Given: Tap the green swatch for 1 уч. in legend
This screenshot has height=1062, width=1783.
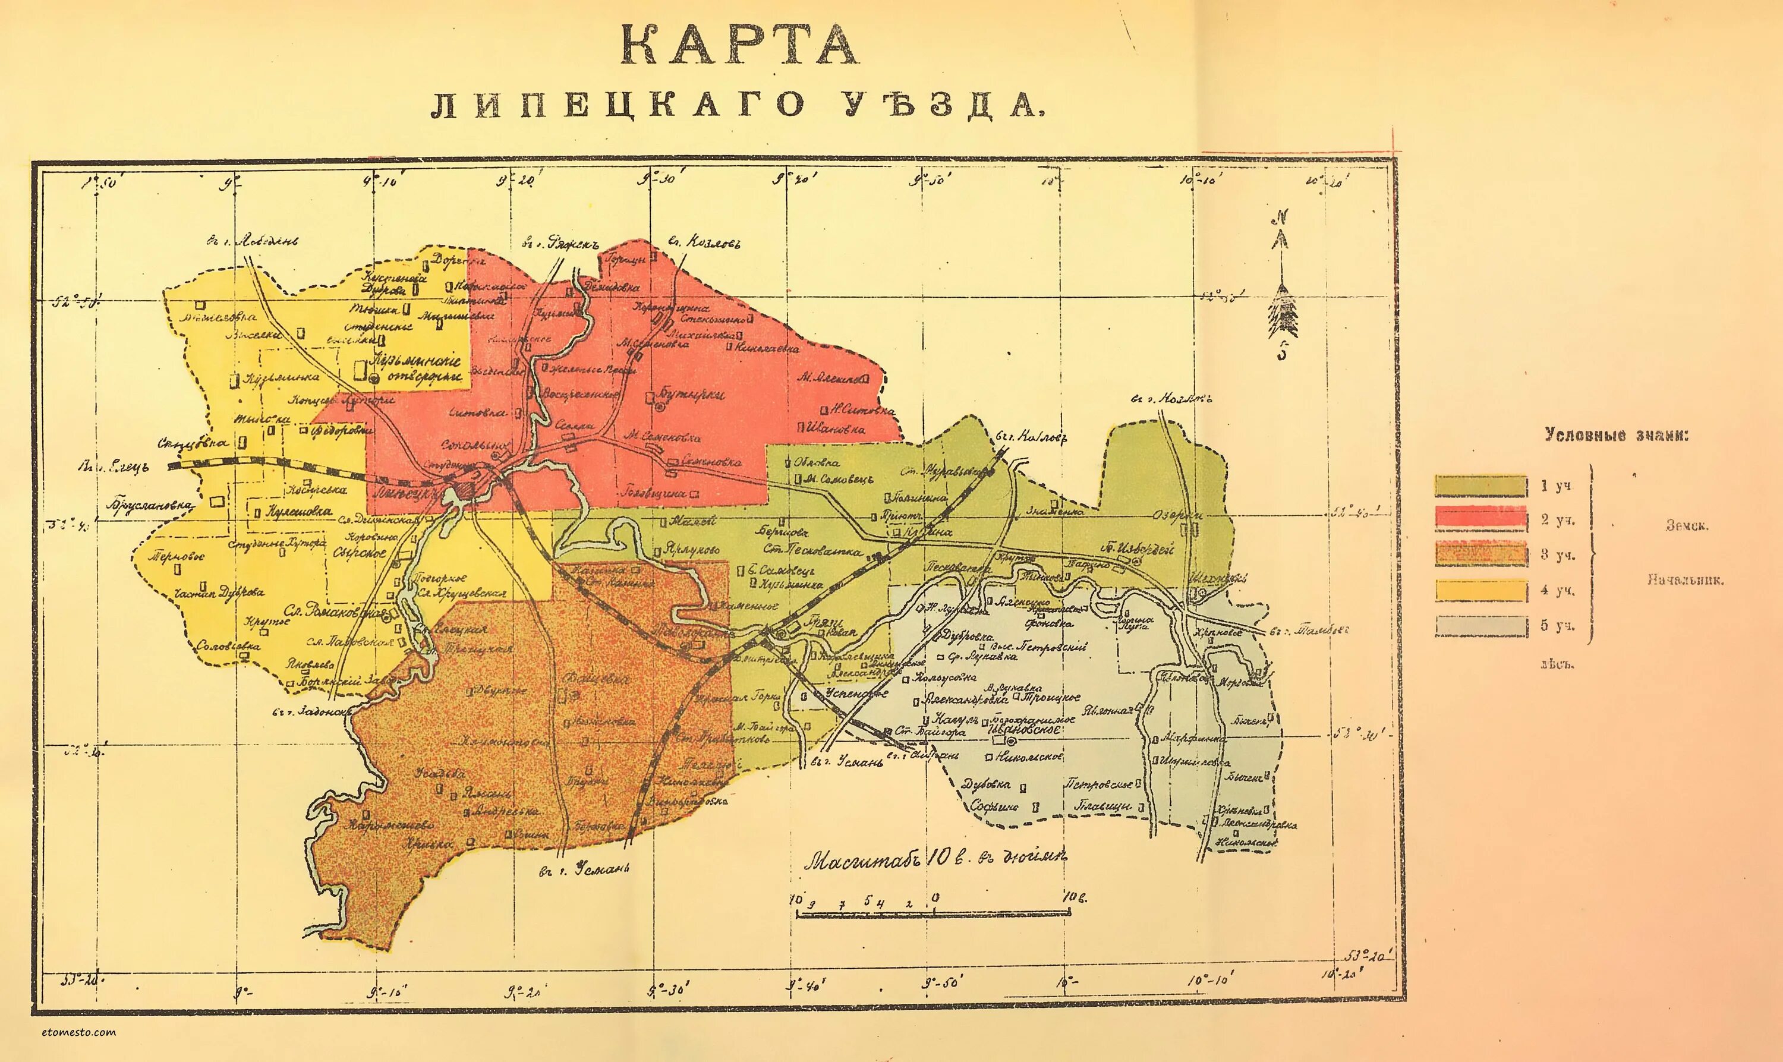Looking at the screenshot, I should point(1481,485).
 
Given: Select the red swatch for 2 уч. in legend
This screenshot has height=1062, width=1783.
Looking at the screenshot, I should point(1481,518).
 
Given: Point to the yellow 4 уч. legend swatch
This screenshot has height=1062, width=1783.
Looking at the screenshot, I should point(1481,590).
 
